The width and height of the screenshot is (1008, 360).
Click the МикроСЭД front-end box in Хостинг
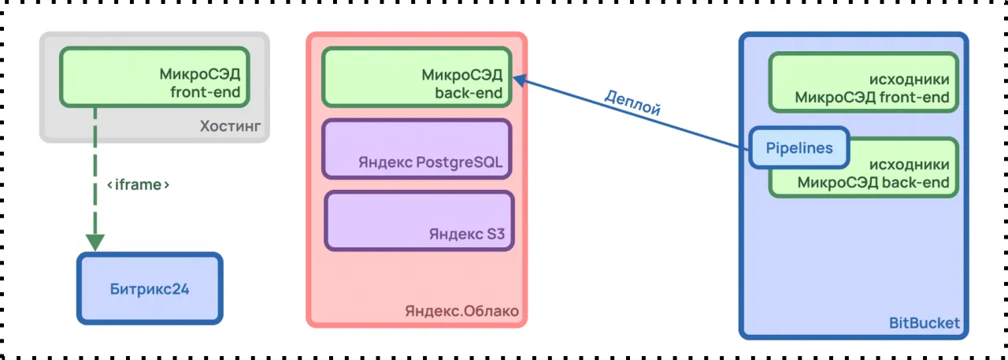pos(154,77)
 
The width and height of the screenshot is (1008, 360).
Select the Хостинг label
pos(230,126)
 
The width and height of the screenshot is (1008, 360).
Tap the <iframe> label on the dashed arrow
pos(139,185)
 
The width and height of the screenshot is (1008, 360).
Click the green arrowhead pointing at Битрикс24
pos(95,242)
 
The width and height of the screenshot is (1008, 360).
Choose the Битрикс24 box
pos(150,288)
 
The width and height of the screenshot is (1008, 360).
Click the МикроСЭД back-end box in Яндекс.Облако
pos(417,77)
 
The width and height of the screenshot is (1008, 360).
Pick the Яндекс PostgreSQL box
pos(417,149)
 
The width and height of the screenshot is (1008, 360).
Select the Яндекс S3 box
pos(419,221)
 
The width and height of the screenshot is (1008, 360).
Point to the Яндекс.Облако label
pos(461,311)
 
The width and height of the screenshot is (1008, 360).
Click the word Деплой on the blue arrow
pos(632,102)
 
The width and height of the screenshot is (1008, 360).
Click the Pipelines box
pos(799,148)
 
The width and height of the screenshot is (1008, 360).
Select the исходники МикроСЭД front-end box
pos(863,82)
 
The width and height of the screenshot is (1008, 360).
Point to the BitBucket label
pos(924,323)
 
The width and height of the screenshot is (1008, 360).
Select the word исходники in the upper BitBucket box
pos(909,80)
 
